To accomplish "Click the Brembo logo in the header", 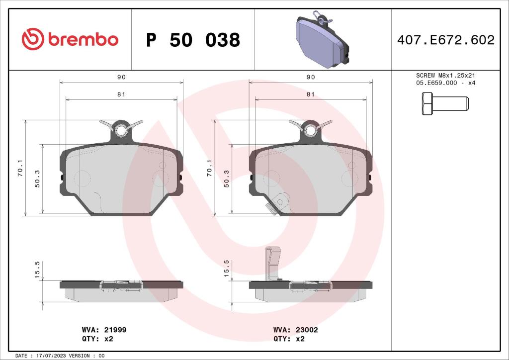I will click(70, 39).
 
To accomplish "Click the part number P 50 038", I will click(193, 40).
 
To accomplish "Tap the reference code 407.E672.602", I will click(445, 40).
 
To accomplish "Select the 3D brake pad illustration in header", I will click(322, 40).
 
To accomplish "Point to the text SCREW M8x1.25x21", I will click(446, 75).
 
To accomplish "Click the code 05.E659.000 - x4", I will click(446, 83).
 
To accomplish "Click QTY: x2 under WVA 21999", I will click(97, 339).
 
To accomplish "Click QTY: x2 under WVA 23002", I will click(289, 339).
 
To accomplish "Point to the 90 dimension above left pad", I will click(121, 77).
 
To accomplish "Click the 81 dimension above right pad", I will click(311, 94).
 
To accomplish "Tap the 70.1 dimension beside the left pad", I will click(20, 168).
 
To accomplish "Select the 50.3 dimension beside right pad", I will click(227, 179).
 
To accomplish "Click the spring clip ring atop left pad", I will click(121, 131).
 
